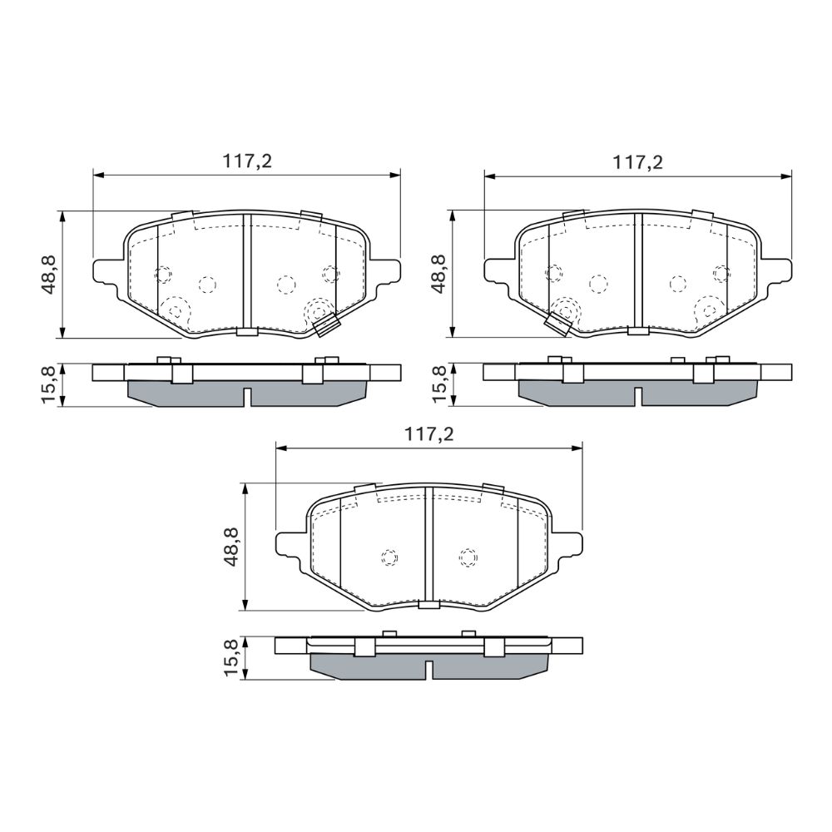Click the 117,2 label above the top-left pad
247,161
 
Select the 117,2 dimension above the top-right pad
638,162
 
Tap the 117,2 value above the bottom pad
429,434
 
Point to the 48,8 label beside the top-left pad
49,275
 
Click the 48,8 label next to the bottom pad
231,547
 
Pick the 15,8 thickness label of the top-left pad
49,384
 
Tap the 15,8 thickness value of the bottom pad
231,658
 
